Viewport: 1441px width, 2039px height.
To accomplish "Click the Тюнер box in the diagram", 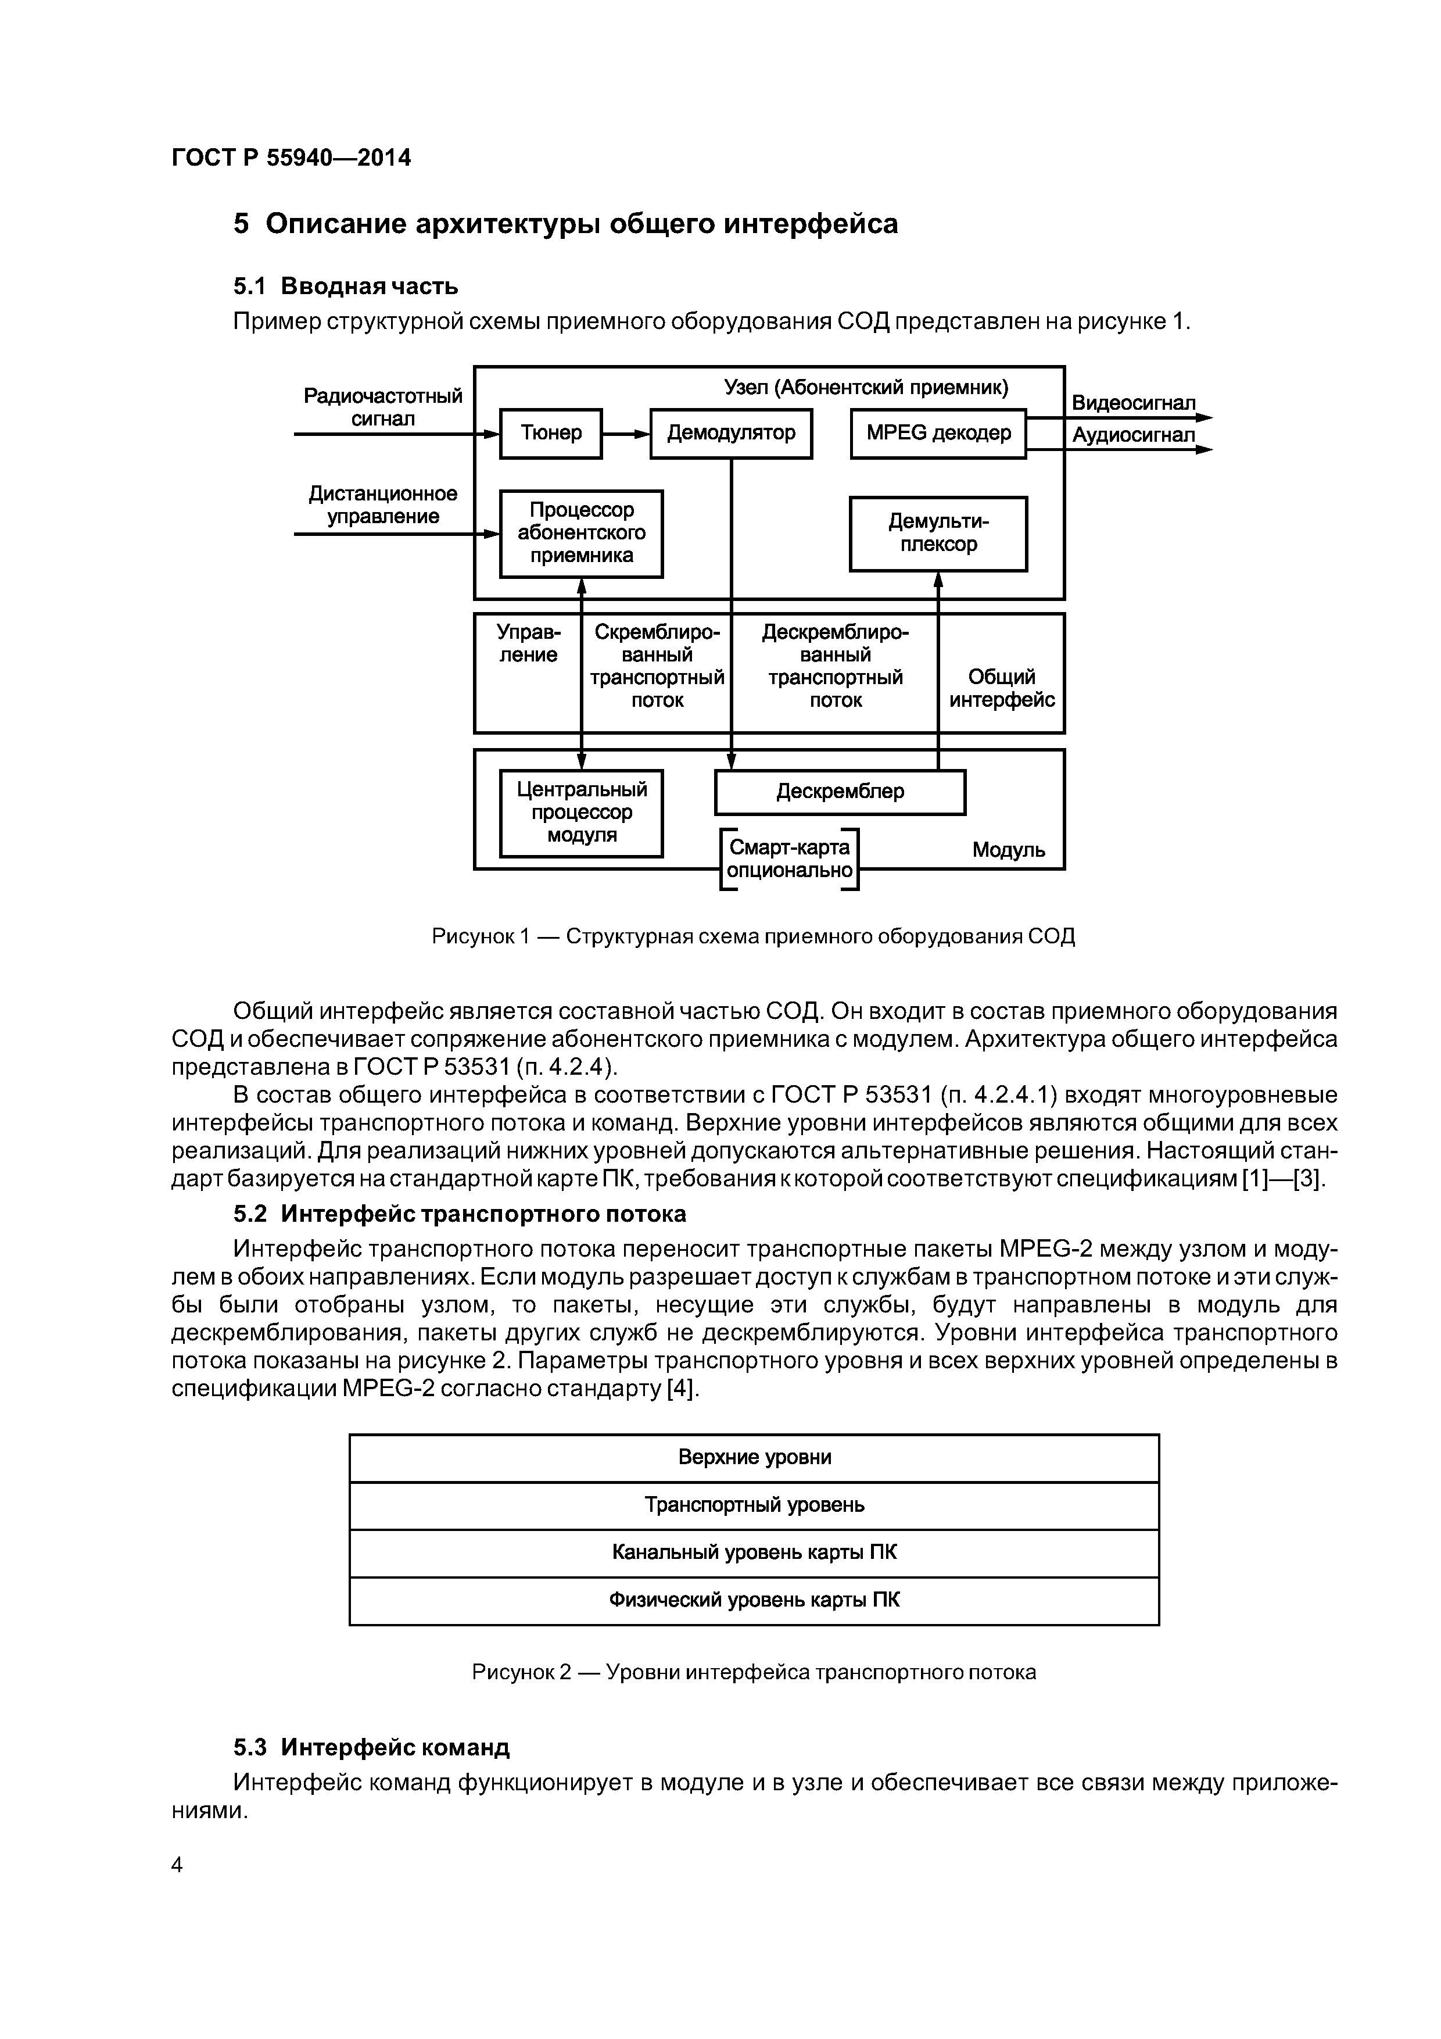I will (550, 434).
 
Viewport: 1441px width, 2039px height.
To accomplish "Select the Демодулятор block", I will (731, 434).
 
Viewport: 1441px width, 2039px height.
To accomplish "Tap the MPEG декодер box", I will (938, 434).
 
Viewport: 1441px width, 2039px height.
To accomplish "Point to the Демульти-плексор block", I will (938, 534).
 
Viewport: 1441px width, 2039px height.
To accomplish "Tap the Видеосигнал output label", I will (1133, 403).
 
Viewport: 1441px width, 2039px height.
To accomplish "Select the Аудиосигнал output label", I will (1133, 435).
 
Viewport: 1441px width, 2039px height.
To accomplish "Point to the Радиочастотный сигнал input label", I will (383, 407).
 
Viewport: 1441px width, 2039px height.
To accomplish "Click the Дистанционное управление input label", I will (383, 505).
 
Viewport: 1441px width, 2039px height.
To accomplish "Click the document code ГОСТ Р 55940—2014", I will (291, 158).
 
